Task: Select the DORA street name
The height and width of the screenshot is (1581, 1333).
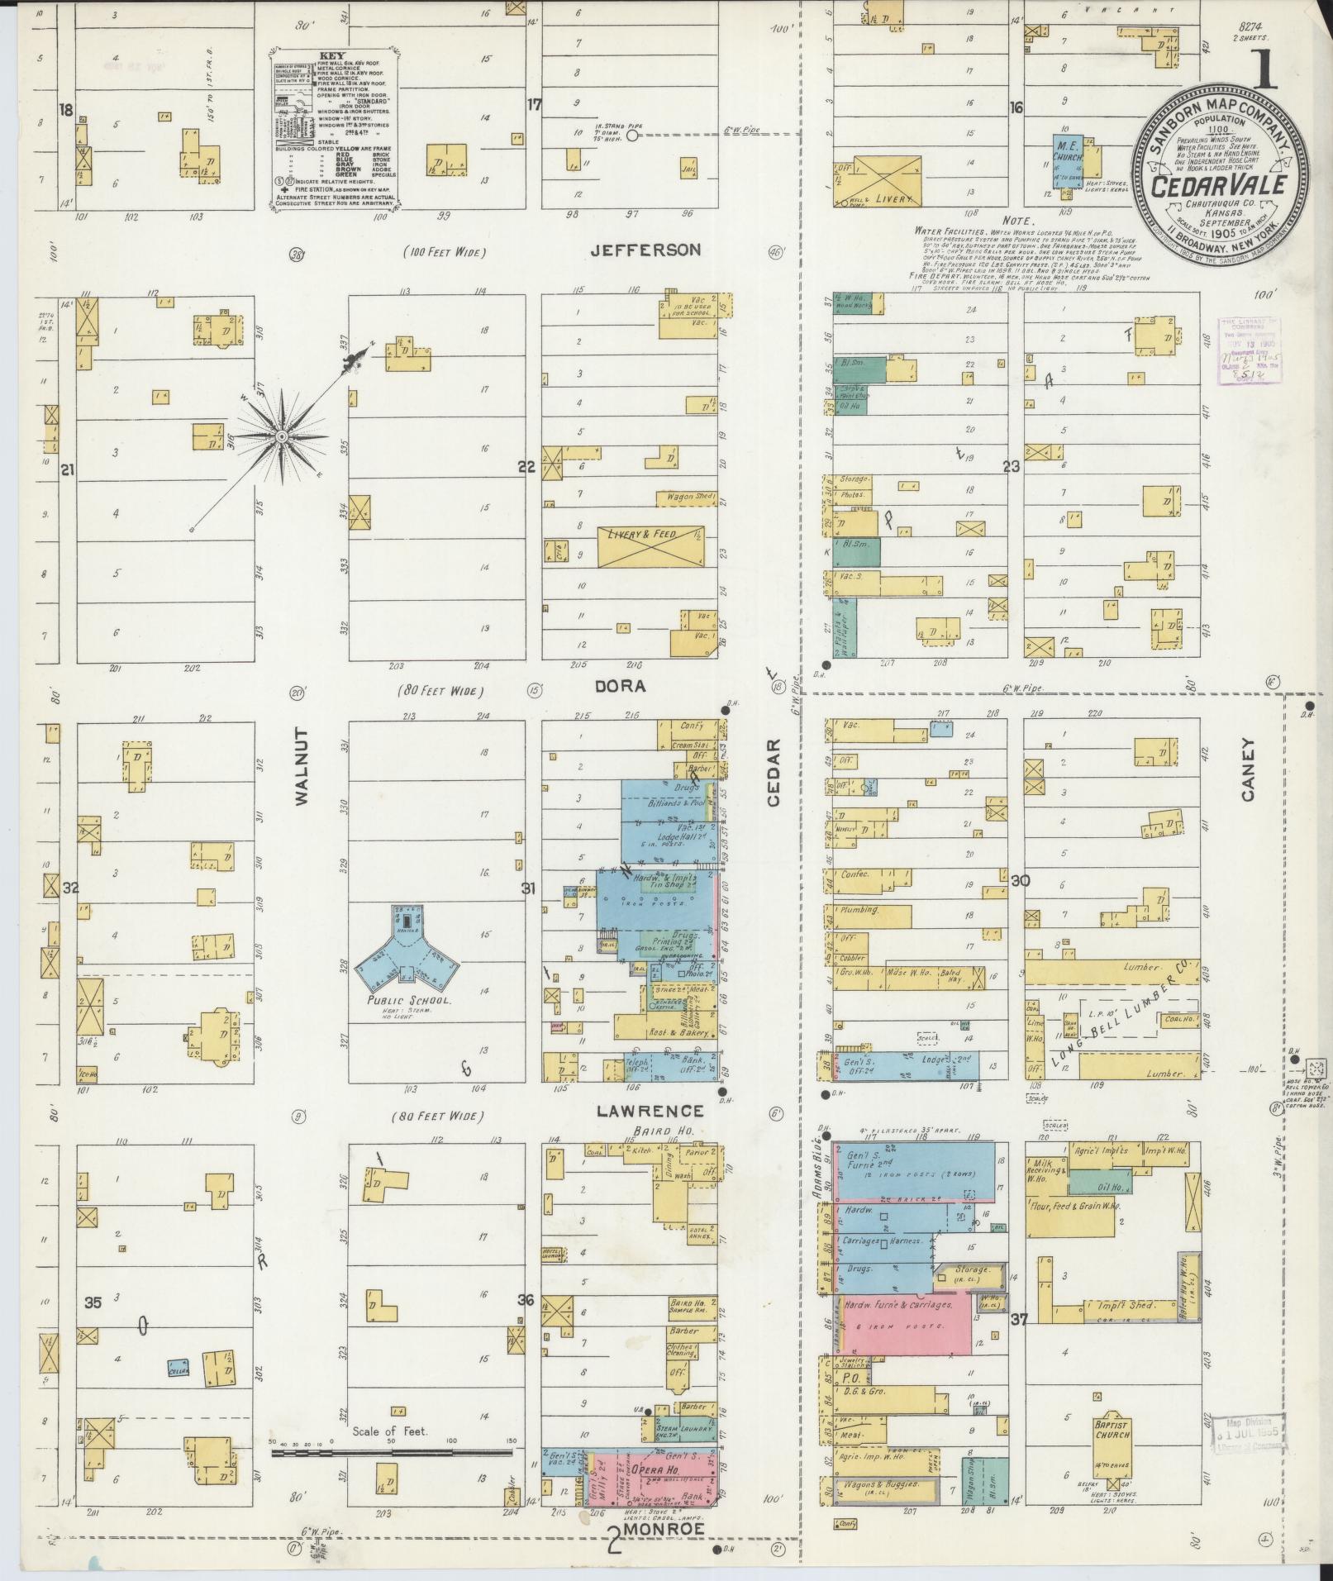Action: click(x=631, y=686)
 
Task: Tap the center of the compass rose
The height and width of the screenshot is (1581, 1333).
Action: click(x=282, y=436)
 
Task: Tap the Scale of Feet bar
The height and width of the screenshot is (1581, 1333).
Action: click(x=392, y=1452)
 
